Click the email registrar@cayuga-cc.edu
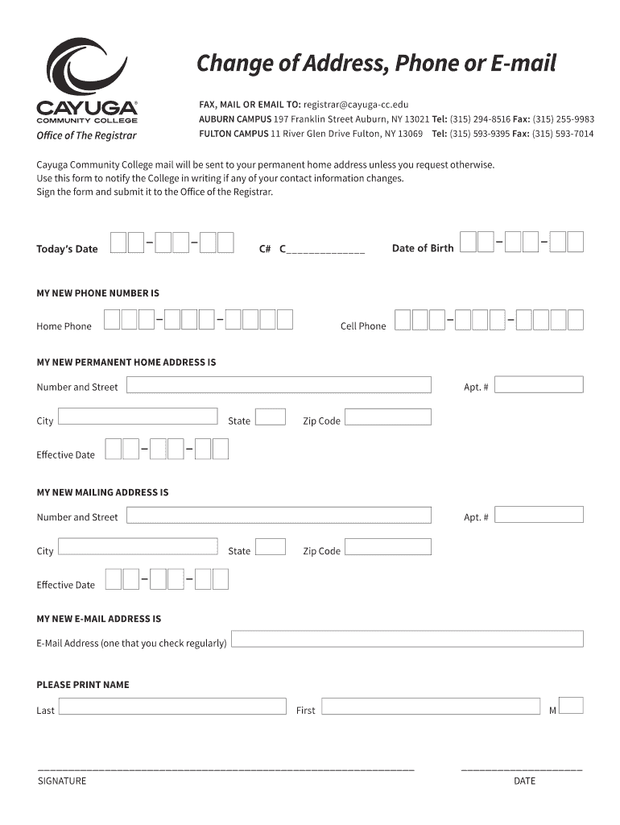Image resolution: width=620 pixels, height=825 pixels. click(x=356, y=105)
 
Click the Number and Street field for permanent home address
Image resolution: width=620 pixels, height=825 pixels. click(x=279, y=385)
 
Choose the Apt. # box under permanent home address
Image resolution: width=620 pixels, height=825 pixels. click(x=539, y=385)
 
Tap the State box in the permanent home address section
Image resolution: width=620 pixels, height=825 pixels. click(x=271, y=417)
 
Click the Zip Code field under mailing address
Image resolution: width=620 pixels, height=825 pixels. click(x=388, y=547)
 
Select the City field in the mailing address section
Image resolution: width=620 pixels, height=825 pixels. click(x=138, y=547)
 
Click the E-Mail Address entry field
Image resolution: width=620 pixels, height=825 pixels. click(x=407, y=640)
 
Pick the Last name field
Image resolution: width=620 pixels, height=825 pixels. click(x=172, y=707)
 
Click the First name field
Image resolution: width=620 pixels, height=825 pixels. click(x=431, y=707)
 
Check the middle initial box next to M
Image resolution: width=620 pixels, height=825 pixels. click(x=571, y=706)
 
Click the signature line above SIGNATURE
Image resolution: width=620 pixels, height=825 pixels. click(x=225, y=769)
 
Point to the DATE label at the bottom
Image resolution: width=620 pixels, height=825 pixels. click(x=524, y=781)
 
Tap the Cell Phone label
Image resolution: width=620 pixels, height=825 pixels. click(x=363, y=326)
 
